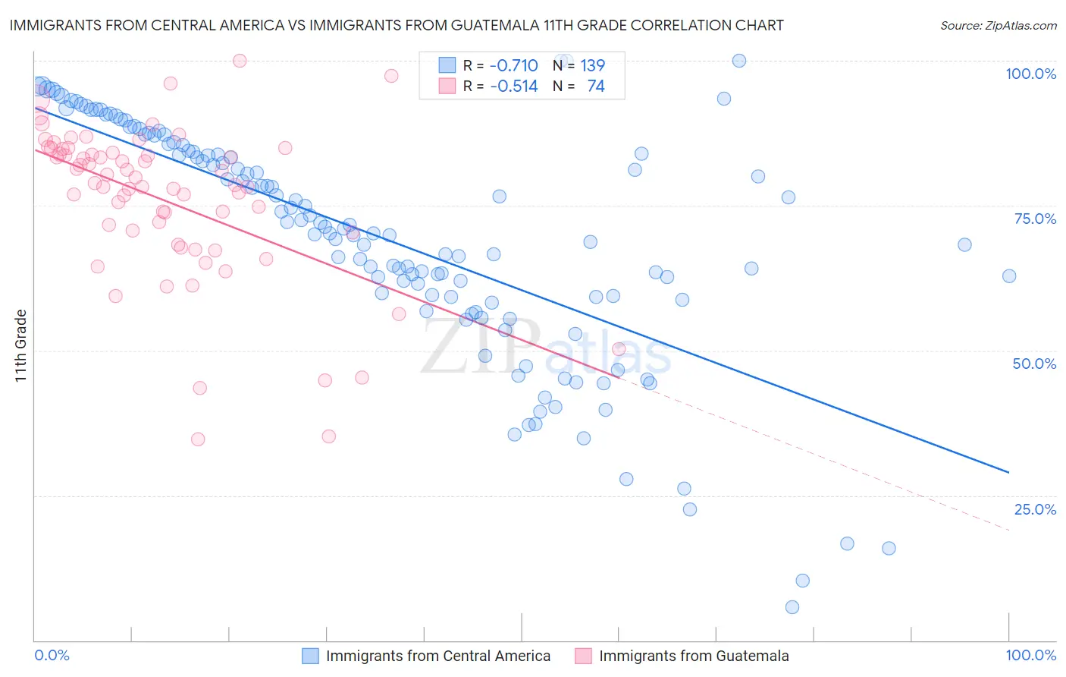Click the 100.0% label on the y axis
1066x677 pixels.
[1030, 74]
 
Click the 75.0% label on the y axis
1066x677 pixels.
[1035, 219]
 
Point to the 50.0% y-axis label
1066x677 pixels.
[1034, 364]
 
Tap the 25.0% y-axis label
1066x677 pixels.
[1035, 509]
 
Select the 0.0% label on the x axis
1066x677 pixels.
[52, 655]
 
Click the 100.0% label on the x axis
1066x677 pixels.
[1030, 655]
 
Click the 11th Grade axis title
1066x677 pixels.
[21, 345]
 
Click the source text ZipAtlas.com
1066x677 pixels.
[998, 26]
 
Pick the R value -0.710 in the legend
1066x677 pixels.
[513, 66]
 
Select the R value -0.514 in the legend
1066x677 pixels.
[513, 87]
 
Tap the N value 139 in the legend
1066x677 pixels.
[592, 66]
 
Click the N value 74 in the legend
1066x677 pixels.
[596, 87]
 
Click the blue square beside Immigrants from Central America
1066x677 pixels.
[310, 656]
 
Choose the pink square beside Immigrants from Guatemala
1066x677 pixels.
[583, 656]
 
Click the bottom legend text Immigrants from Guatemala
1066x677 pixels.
[694, 656]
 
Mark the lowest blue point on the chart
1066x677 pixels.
[792, 607]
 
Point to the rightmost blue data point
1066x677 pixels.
[1009, 276]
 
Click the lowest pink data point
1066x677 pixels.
[198, 439]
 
